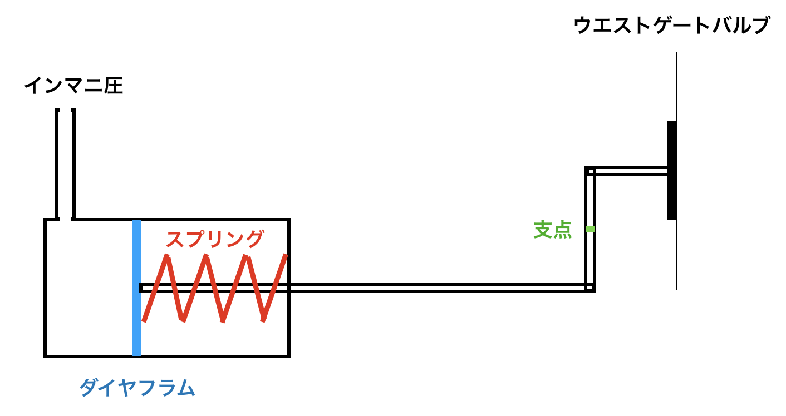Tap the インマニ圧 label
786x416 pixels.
73,86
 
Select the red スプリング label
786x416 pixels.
214,239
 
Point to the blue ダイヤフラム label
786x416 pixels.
137,387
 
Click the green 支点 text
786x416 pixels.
552,230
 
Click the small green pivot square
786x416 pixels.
590,229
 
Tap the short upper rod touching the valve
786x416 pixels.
629,171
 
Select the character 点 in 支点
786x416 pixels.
563,230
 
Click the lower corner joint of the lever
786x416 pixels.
590,288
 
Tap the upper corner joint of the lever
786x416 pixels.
590,171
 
